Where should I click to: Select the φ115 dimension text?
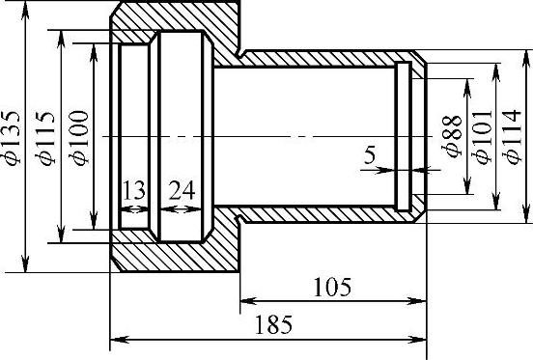coord(44,138)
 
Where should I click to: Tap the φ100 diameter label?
coord(78,138)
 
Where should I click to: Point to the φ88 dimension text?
coord(452,137)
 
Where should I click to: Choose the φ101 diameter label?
coord(483,137)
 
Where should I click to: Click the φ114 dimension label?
coord(512,137)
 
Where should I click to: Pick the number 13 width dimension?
coord(134,190)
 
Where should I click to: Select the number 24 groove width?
coord(182,190)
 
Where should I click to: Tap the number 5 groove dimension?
coord(370,155)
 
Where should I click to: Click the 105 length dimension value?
coord(332,287)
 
